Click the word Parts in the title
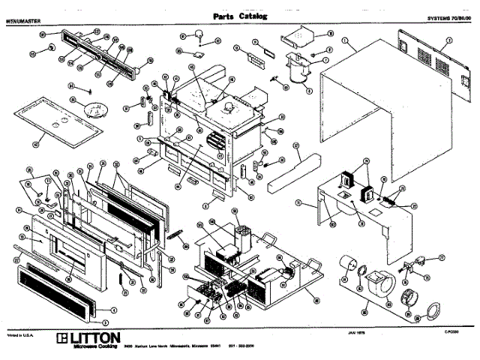click(225, 16)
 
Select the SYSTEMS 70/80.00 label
click(448, 17)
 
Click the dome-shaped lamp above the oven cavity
click(202, 32)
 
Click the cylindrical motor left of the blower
click(348, 264)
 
